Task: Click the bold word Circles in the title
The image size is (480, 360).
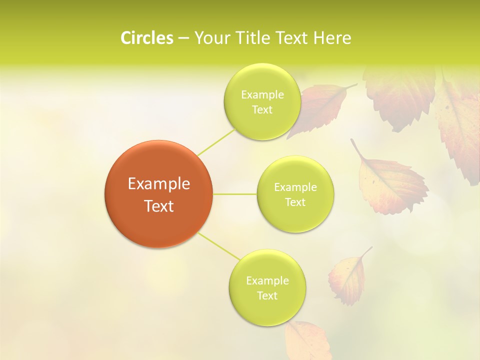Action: tap(146, 38)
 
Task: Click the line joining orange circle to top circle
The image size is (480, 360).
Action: tap(216, 142)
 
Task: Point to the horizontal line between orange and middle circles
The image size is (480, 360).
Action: tap(235, 194)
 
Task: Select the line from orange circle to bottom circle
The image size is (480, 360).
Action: tap(218, 245)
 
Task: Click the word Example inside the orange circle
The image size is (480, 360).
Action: tap(159, 184)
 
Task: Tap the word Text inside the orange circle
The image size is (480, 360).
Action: tap(159, 206)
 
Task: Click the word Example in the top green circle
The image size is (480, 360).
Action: tap(262, 95)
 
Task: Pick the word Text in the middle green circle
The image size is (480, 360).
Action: tap(295, 202)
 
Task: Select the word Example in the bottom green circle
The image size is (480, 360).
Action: tap(267, 280)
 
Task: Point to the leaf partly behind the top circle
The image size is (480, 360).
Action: tap(320, 107)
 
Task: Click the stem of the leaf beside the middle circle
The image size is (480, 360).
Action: tap(356, 148)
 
